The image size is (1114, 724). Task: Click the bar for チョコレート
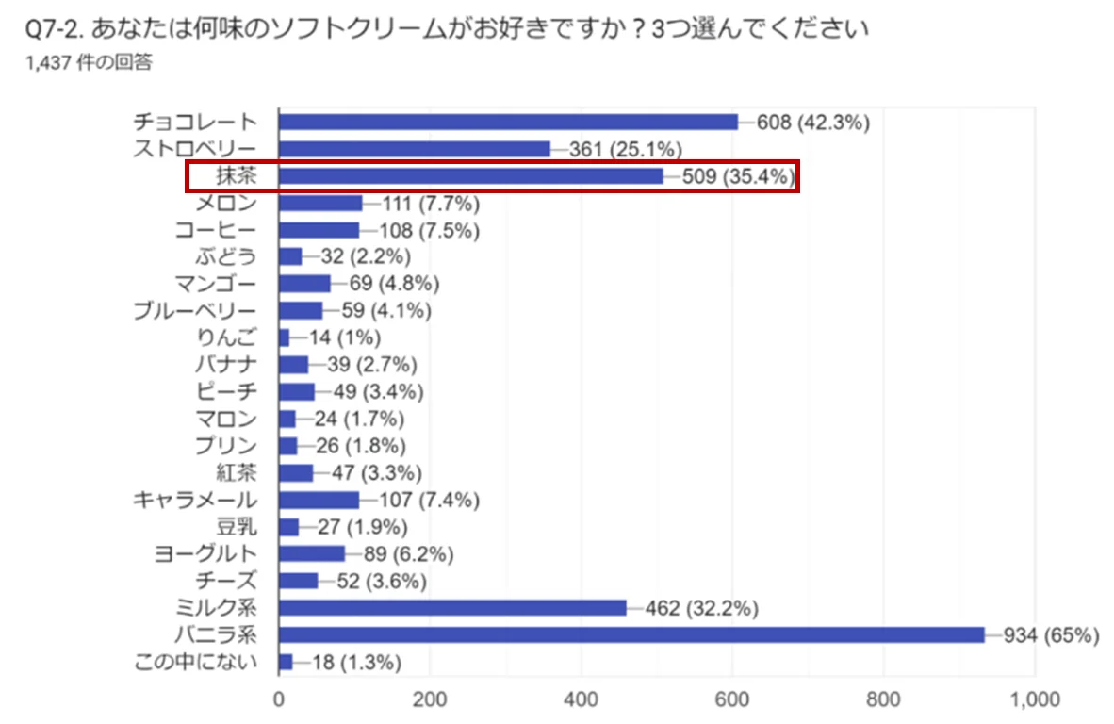(509, 122)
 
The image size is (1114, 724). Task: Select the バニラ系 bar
(631, 634)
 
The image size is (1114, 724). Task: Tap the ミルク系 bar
(452, 608)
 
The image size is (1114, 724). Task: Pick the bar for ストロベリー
(415, 149)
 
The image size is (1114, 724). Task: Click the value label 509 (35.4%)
(736, 176)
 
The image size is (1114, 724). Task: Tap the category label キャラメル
(195, 499)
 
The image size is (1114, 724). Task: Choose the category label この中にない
(196, 662)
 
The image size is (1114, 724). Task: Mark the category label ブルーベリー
(194, 310)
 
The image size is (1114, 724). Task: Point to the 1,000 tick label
(1034, 700)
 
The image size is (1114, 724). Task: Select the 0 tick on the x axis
(279, 700)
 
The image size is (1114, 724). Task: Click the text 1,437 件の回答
(90, 63)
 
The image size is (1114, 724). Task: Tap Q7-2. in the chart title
(56, 30)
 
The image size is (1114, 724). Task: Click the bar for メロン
(320, 203)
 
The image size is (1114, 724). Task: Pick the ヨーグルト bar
(312, 553)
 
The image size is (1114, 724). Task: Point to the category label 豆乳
(236, 526)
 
